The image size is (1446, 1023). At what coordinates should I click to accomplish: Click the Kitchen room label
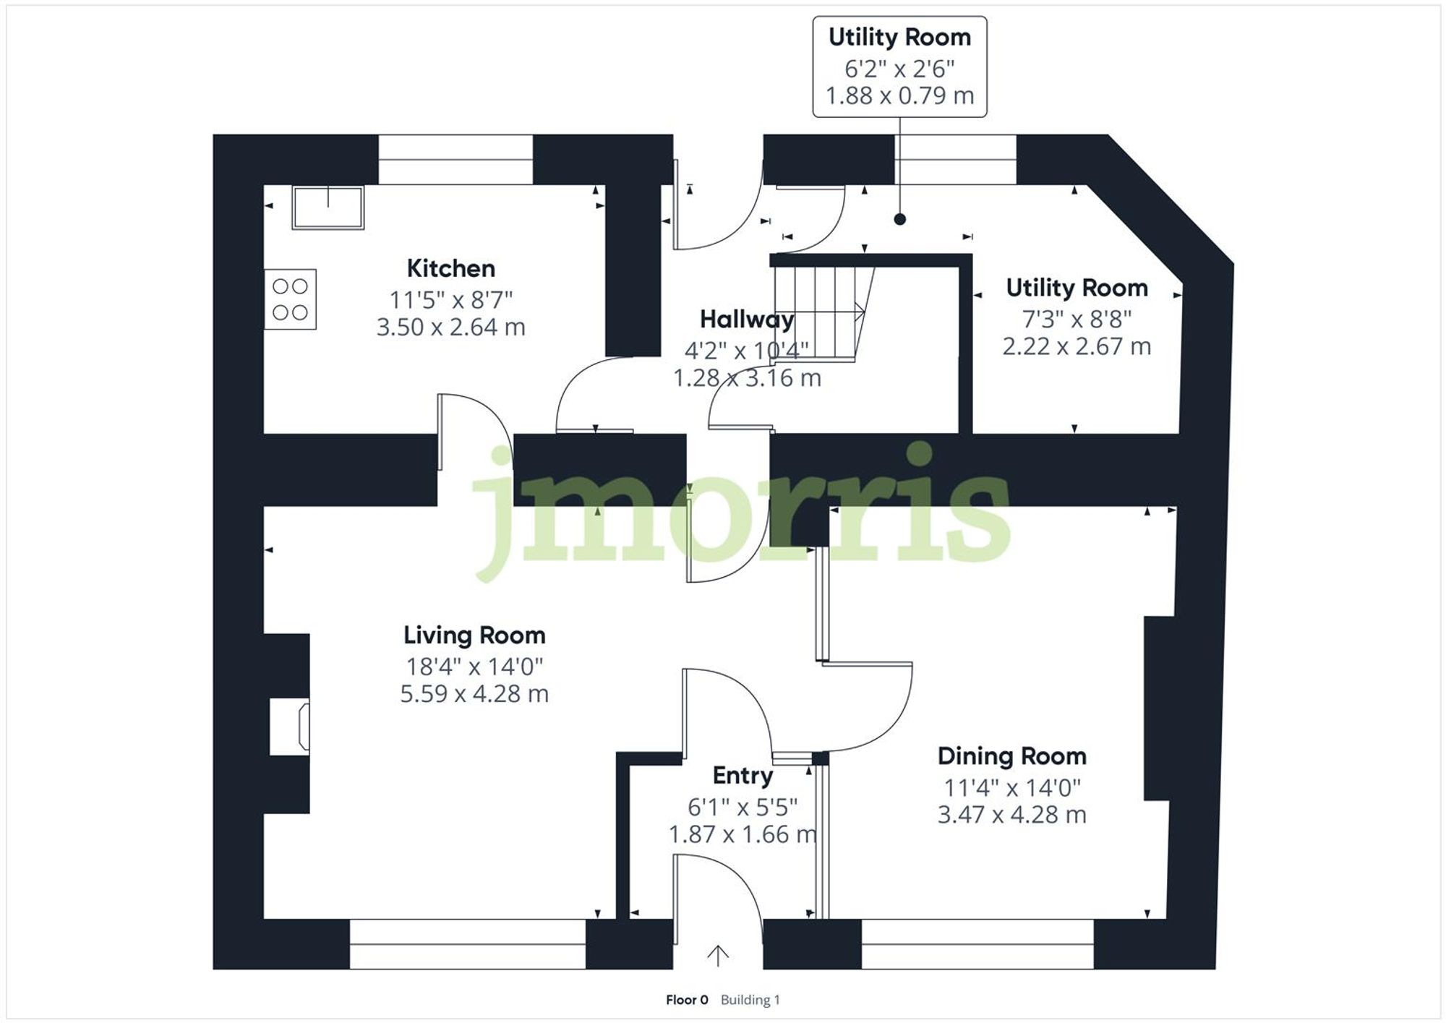click(x=450, y=268)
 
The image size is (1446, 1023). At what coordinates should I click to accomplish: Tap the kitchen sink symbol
click(x=328, y=207)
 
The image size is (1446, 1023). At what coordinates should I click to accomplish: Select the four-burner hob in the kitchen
click(x=290, y=299)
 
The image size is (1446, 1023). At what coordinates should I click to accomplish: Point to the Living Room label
click(x=474, y=635)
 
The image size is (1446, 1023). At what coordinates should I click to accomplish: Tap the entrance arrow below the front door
click(x=717, y=955)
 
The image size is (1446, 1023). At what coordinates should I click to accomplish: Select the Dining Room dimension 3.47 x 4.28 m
click(x=1011, y=815)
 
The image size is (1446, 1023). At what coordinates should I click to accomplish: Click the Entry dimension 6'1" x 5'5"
click(x=743, y=806)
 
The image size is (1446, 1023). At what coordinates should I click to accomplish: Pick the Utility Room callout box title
click(x=899, y=37)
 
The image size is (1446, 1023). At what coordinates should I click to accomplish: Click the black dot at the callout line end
click(x=899, y=219)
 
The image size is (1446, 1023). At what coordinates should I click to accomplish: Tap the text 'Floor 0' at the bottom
click(x=687, y=1000)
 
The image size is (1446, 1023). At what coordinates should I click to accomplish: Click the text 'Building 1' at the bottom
click(x=750, y=1000)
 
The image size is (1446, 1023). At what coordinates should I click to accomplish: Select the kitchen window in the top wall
click(x=455, y=160)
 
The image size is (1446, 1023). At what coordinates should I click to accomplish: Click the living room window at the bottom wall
click(x=467, y=943)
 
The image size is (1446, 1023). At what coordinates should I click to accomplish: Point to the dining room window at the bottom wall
click(x=977, y=943)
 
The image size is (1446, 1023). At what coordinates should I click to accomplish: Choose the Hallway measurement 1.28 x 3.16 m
click(x=747, y=377)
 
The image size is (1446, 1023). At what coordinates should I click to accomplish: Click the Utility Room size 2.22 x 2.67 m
click(x=1076, y=346)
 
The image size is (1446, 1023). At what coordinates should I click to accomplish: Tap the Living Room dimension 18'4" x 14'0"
click(x=474, y=666)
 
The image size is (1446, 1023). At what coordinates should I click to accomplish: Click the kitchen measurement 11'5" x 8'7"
click(x=450, y=299)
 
